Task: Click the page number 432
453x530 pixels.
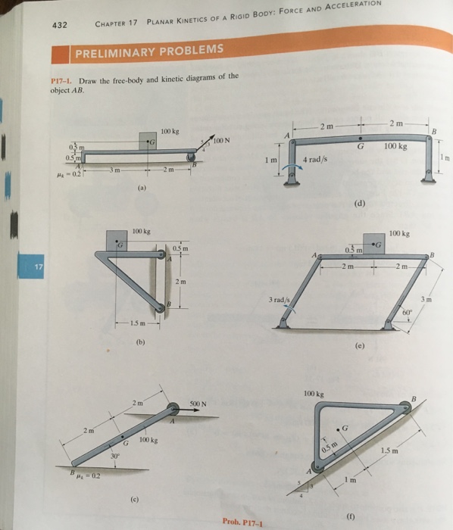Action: pyautogui.click(x=60, y=25)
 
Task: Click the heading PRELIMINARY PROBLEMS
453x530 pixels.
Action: pyautogui.click(x=149, y=51)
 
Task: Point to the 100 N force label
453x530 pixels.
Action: pyautogui.click(x=221, y=140)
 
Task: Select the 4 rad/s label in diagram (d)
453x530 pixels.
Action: pyautogui.click(x=315, y=159)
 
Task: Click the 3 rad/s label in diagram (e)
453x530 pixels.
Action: pyautogui.click(x=280, y=300)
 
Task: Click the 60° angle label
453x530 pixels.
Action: pyautogui.click(x=408, y=312)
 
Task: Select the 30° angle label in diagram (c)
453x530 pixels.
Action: pyautogui.click(x=115, y=456)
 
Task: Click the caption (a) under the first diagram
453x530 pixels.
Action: pyautogui.click(x=142, y=188)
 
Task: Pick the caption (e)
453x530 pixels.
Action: pyautogui.click(x=360, y=346)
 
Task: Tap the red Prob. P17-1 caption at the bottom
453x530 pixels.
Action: pyautogui.click(x=242, y=522)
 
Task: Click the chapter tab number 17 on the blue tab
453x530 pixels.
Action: pyautogui.click(x=39, y=267)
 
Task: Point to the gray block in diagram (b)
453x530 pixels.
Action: pyautogui.click(x=117, y=241)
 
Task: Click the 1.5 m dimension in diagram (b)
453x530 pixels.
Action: pyautogui.click(x=138, y=323)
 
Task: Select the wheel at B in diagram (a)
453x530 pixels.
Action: pyautogui.click(x=190, y=157)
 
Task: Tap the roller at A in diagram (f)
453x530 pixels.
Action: pyautogui.click(x=317, y=467)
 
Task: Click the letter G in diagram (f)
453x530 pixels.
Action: pyautogui.click(x=345, y=429)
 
